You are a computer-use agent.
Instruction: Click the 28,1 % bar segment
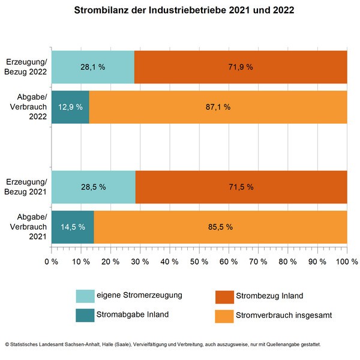pos(93,67)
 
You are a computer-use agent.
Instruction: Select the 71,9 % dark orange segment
pos(241,67)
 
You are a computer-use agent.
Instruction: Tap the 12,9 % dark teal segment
pos(70,107)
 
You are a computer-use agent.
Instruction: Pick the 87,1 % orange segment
pos(218,107)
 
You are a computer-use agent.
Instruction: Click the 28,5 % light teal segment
pos(94,187)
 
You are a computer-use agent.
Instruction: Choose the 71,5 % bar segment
pos(241,187)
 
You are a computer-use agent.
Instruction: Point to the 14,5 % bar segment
pos(73,227)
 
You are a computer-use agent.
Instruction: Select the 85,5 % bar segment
pos(220,227)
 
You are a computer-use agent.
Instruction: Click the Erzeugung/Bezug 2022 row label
pos(26,67)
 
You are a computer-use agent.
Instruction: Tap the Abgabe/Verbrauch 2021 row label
pos(26,227)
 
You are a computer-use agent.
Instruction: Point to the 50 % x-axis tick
pos(199,262)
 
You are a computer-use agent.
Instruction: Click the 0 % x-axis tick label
pos(52,262)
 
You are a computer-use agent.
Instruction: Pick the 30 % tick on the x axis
pos(140,262)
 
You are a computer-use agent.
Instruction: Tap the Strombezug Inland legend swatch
pos(224,296)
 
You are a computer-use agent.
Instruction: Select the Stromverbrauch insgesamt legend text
pos(277,314)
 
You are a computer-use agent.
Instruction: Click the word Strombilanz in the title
pos(98,11)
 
